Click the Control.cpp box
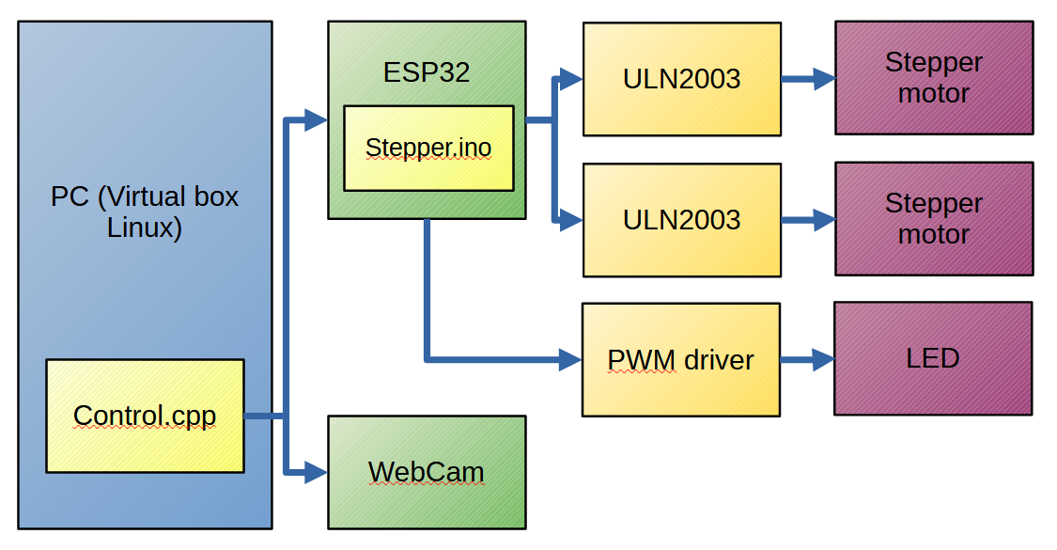click(145, 416)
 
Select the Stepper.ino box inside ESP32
click(428, 148)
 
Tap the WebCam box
click(427, 472)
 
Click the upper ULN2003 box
click(681, 79)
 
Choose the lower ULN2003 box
click(681, 220)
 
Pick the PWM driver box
click(680, 359)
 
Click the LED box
click(933, 358)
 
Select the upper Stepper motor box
click(934, 78)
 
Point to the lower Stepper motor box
click(934, 218)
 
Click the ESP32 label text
click(427, 72)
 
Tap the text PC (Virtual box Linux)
click(145, 212)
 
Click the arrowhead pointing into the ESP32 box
click(317, 119)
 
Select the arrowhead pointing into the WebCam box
click(317, 472)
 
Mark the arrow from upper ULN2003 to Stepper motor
click(808, 79)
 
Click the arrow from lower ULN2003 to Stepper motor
click(808, 220)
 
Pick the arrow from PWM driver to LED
click(807, 359)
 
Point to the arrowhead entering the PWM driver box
click(571, 359)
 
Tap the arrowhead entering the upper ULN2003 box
click(571, 78)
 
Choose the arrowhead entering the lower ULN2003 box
click(571, 221)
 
